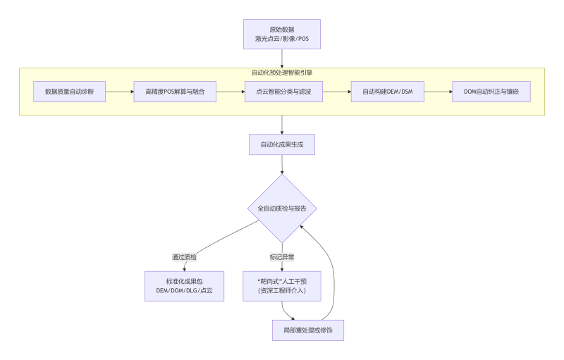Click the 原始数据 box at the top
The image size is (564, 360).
(x=282, y=34)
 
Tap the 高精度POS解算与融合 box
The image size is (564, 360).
(x=175, y=92)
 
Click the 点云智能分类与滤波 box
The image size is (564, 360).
(x=283, y=92)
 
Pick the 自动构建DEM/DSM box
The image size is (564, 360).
(x=387, y=92)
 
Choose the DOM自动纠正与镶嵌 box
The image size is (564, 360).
(x=491, y=92)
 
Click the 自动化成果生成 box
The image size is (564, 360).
(x=282, y=144)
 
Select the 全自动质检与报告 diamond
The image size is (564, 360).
(x=282, y=209)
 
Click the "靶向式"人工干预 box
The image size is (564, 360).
(x=282, y=286)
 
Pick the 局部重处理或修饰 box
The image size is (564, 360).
(x=308, y=330)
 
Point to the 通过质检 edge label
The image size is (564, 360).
(x=184, y=257)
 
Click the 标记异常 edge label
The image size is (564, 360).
(x=282, y=257)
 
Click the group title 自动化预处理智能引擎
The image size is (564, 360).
(x=282, y=73)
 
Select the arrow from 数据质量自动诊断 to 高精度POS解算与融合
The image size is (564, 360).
(x=120, y=92)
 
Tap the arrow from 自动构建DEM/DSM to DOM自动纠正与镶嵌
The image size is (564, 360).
(x=434, y=92)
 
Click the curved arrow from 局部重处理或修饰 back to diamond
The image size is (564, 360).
(x=333, y=275)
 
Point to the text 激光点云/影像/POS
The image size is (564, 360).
(x=282, y=39)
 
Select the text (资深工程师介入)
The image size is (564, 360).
(x=282, y=291)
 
